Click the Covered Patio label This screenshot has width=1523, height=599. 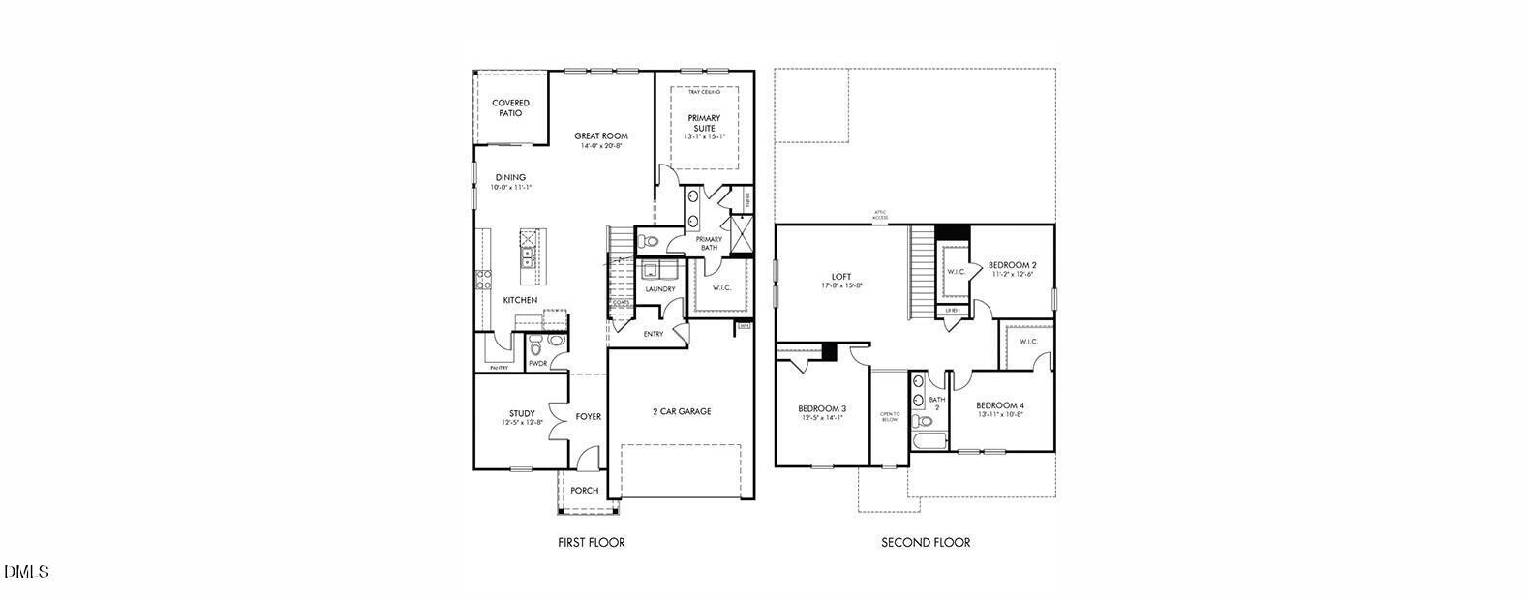coord(510,107)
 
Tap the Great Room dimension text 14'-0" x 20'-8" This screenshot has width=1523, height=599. coord(601,146)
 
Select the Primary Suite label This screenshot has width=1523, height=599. coord(704,122)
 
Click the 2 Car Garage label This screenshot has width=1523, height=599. coord(682,411)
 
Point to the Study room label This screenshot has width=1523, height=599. coord(522,413)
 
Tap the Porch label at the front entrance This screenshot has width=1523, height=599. coord(584,491)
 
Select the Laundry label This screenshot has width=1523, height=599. coord(660,289)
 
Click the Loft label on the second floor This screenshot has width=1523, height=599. coord(841,276)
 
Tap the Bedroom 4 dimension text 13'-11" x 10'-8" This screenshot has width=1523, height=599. coord(1000,414)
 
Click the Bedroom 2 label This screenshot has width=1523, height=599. coord(1013,264)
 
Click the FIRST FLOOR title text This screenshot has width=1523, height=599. coord(592,542)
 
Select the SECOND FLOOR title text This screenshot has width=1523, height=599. coord(926,542)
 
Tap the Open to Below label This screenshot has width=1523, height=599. coord(889,416)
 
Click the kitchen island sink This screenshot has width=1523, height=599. coord(528,257)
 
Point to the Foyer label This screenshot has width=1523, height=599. coord(588,417)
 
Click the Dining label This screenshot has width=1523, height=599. coord(510,177)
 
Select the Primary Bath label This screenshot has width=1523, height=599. coord(709,243)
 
